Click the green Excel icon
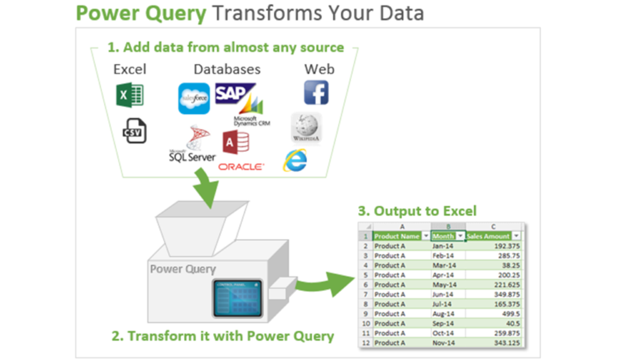(130, 95)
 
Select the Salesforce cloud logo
(194, 98)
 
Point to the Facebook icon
(316, 92)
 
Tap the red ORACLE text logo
(241, 167)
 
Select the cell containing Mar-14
(443, 265)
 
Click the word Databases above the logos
(227, 69)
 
